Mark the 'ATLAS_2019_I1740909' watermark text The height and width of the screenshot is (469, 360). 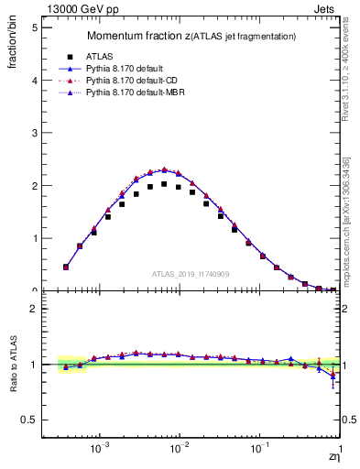[191, 273]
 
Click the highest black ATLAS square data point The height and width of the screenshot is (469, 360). [164, 184]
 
